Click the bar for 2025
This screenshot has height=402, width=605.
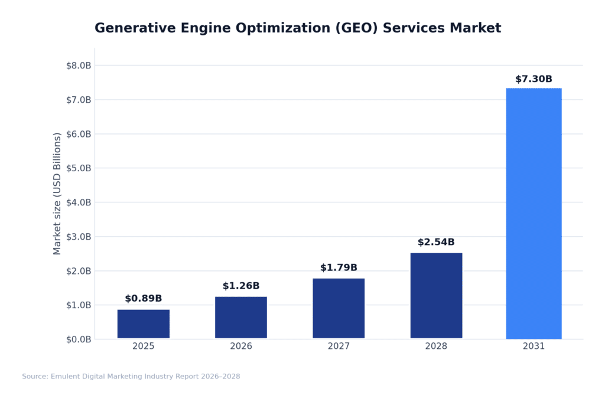[x=143, y=324]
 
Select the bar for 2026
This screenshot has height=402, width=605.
[x=240, y=318]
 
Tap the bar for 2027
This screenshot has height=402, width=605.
[x=339, y=308]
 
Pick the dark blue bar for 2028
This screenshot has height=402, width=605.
[x=436, y=296]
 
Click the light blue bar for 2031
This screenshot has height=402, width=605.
[x=534, y=214]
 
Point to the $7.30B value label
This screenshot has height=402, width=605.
[x=534, y=79]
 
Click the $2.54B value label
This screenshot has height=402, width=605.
[x=436, y=242]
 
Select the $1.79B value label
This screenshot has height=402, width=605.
[x=339, y=267]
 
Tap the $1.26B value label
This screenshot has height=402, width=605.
[x=240, y=286]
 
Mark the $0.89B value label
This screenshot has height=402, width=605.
[x=143, y=299]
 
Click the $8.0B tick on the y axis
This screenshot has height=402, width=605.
[x=79, y=66]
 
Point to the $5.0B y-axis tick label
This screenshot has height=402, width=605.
[x=79, y=168]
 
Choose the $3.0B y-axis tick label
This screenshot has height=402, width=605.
[x=79, y=237]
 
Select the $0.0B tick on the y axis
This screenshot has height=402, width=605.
[x=79, y=339]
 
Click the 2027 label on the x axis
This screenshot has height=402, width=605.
[x=339, y=347]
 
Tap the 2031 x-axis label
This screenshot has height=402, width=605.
[x=534, y=347]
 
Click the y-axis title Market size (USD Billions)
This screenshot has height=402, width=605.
[x=57, y=194]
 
